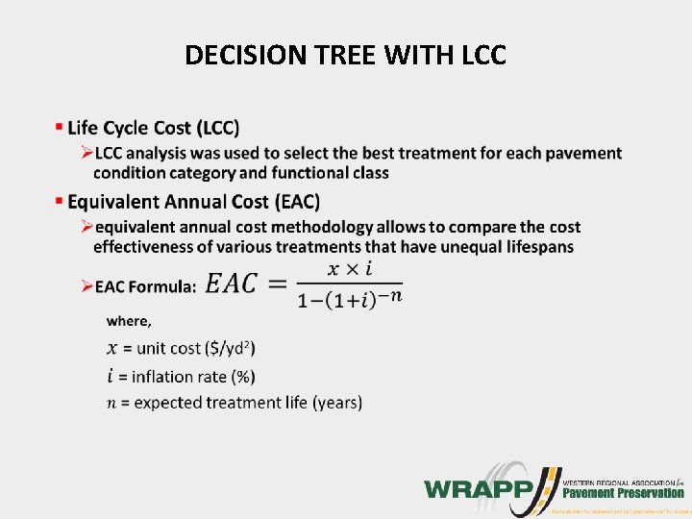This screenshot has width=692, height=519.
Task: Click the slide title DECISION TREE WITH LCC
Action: [345, 56]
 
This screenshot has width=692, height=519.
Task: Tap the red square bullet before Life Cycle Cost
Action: [60, 126]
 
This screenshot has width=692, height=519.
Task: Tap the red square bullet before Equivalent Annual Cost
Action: [60, 200]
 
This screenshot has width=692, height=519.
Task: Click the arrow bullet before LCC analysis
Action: [86, 153]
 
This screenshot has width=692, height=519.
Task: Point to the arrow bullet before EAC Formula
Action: [86, 286]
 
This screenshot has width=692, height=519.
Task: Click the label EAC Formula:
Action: [145, 286]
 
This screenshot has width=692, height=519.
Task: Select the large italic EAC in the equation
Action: [232, 284]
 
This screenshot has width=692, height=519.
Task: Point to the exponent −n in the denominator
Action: [388, 294]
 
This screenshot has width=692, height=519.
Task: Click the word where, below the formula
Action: [129, 321]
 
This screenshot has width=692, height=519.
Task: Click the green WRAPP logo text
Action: [479, 487]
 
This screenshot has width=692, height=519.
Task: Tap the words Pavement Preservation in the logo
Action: [623, 492]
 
